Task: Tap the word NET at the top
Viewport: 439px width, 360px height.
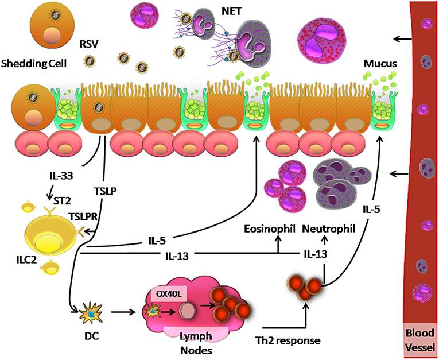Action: pyautogui.click(x=231, y=11)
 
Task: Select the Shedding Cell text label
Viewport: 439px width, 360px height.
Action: pyautogui.click(x=34, y=64)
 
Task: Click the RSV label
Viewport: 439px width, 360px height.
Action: pyautogui.click(x=89, y=44)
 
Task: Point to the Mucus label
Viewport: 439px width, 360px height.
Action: pyautogui.click(x=380, y=64)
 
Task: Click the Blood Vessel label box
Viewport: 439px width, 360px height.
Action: pyautogui.click(x=420, y=340)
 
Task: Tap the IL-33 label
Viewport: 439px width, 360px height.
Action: pyautogui.click(x=61, y=176)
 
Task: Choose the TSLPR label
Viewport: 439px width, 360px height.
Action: pyautogui.click(x=83, y=216)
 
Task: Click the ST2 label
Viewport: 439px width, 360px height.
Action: pyautogui.click(x=62, y=200)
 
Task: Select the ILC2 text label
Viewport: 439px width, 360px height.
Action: pyautogui.click(x=26, y=260)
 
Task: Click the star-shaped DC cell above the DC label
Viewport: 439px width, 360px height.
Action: pyautogui.click(x=90, y=312)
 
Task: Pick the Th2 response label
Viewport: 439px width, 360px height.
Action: pyautogui.click(x=288, y=340)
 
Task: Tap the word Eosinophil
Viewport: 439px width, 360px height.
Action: pyautogui.click(x=270, y=229)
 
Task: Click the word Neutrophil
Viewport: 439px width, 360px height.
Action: pyautogui.click(x=328, y=229)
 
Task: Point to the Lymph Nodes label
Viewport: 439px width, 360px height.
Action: pyautogui.click(x=196, y=343)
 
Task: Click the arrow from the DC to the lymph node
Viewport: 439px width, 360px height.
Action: pyautogui.click(x=123, y=312)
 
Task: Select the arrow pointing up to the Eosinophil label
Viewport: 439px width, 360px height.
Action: pyautogui.click(x=278, y=244)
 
